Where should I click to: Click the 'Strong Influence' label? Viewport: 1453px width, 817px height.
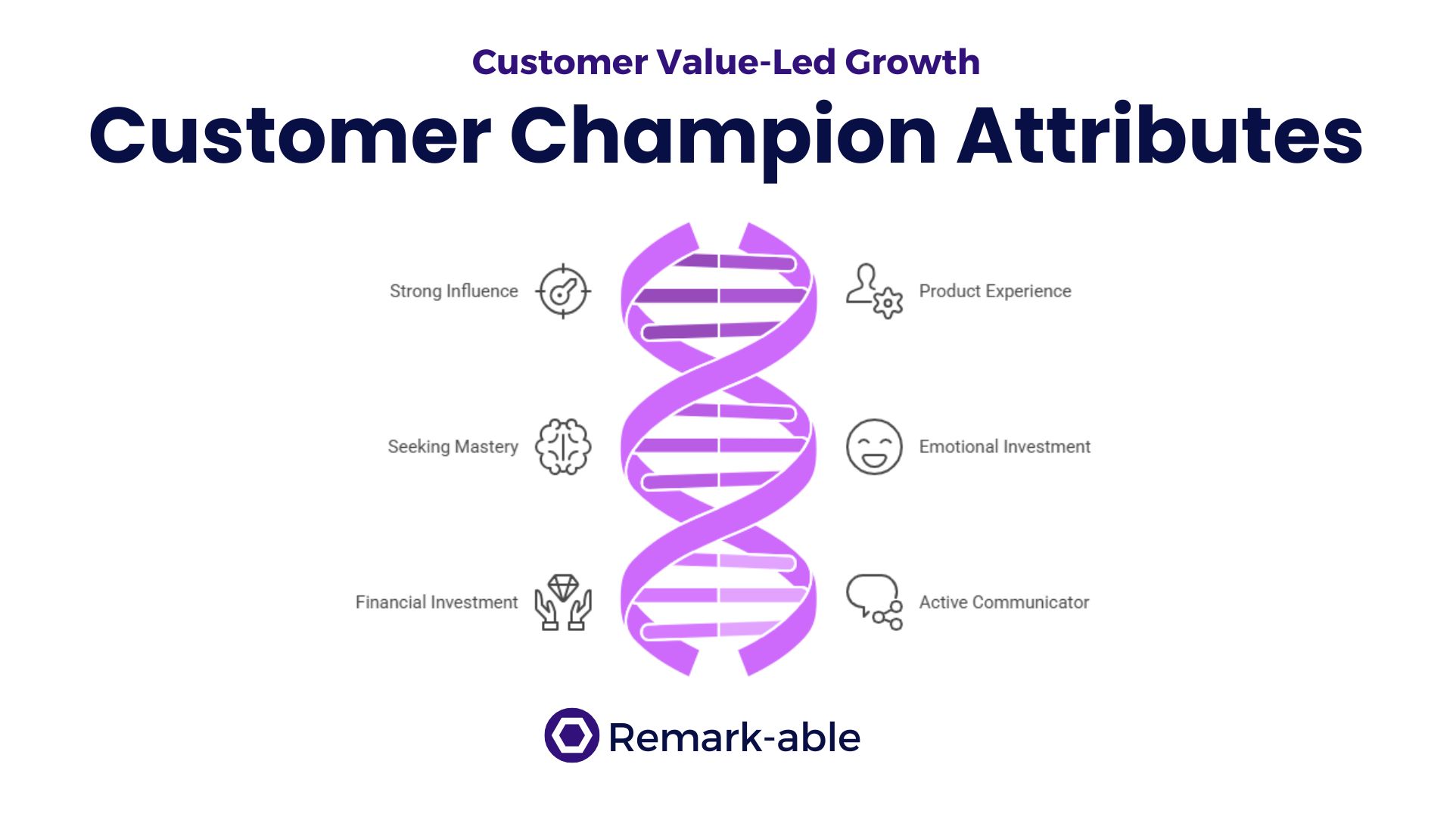(x=454, y=291)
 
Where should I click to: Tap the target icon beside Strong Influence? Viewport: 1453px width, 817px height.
(x=563, y=291)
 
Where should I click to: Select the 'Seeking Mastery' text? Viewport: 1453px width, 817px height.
(x=453, y=447)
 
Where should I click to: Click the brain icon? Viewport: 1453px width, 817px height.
(x=563, y=447)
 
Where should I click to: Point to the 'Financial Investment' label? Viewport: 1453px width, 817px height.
(x=437, y=602)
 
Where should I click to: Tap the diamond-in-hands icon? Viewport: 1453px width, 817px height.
(x=563, y=602)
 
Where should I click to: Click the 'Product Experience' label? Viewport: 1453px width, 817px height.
(x=995, y=291)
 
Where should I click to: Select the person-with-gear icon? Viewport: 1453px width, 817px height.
(x=874, y=291)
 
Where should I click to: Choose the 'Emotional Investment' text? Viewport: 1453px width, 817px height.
(x=1005, y=447)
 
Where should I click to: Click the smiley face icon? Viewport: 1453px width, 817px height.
(x=874, y=447)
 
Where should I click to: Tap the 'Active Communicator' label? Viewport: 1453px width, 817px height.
(x=1004, y=602)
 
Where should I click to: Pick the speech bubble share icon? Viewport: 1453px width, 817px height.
(x=874, y=602)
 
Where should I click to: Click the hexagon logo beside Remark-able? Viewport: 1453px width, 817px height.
(x=572, y=735)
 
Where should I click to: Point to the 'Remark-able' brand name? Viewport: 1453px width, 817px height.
(x=735, y=737)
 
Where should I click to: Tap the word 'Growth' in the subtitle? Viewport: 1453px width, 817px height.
(x=913, y=62)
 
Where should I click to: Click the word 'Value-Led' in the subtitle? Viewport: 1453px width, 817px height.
(x=746, y=62)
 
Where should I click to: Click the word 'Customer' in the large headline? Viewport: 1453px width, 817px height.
(x=291, y=136)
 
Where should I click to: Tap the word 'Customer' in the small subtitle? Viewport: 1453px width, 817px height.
(x=560, y=62)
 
